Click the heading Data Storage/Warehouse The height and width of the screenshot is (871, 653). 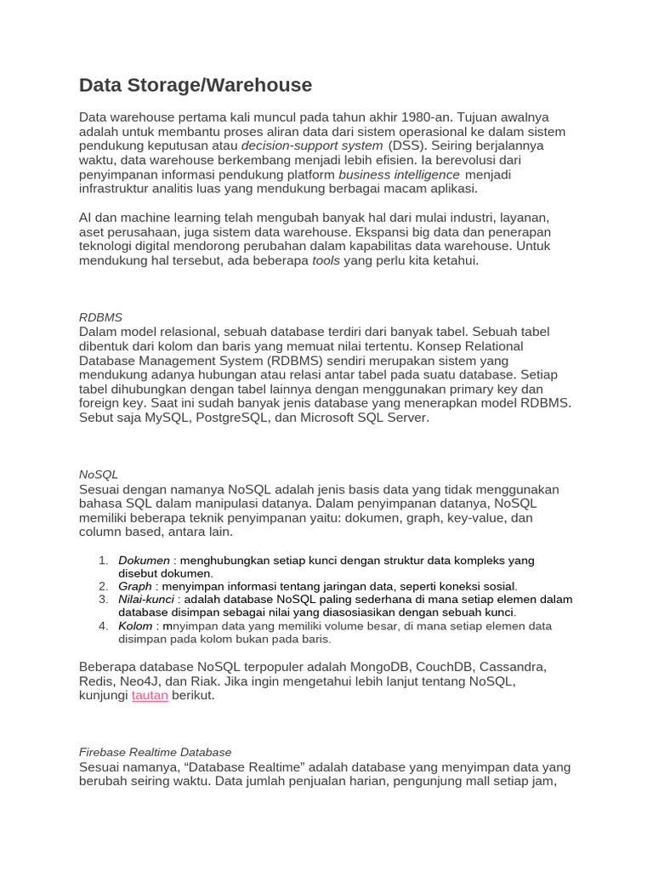(196, 85)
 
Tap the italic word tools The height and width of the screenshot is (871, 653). (326, 261)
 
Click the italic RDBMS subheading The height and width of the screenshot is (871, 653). (100, 317)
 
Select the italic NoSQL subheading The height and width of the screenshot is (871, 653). (99, 475)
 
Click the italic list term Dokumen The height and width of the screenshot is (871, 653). (144, 561)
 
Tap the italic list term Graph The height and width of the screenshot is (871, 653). (135, 586)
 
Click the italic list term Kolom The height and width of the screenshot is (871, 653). (135, 625)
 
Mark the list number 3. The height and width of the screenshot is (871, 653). (102, 599)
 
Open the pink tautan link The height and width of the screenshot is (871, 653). (150, 695)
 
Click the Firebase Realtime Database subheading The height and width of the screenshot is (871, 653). (155, 752)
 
